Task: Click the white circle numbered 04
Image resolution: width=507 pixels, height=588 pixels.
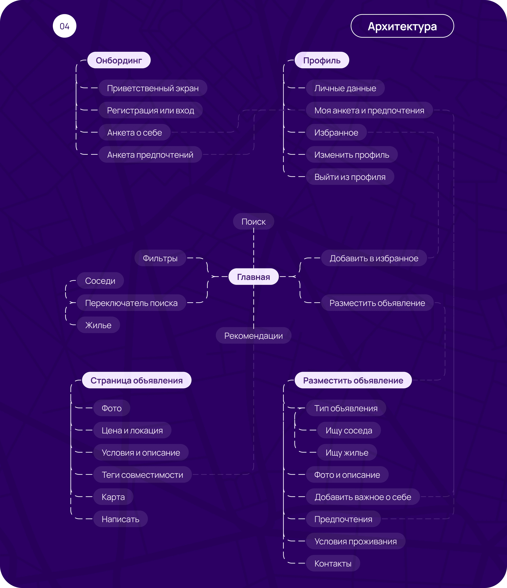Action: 65,26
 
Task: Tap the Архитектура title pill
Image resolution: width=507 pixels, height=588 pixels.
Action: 402,26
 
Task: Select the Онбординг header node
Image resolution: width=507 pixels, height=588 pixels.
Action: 119,60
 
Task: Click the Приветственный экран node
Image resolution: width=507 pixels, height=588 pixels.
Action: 153,88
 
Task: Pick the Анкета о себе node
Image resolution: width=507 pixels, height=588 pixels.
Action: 135,132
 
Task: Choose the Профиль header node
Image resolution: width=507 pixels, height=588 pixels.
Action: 322,60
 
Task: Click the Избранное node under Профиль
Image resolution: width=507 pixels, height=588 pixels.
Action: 336,132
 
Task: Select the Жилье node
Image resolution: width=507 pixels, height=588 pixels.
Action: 98,325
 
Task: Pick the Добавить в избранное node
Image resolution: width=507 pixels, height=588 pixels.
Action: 374,258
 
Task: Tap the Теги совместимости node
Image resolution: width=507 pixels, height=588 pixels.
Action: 142,474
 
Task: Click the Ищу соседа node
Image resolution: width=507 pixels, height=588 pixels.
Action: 349,430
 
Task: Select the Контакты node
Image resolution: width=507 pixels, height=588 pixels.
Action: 333,563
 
